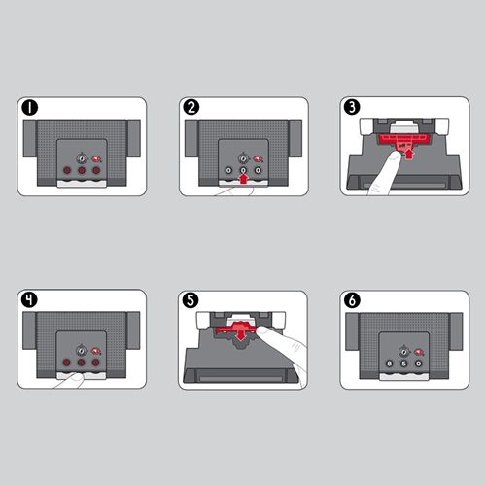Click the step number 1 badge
tap(30, 108)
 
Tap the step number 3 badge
tap(352, 107)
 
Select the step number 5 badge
tap(191, 300)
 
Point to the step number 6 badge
tap(352, 300)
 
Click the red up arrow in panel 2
tap(243, 179)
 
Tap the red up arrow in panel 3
tap(409, 154)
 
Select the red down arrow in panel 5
tap(240, 335)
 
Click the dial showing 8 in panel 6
tap(389, 364)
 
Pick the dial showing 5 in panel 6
tap(403, 364)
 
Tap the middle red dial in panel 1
tap(82, 170)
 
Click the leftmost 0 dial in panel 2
tap(228, 170)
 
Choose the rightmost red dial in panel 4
tap(95, 363)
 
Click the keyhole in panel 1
tap(82, 158)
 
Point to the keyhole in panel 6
tap(403, 352)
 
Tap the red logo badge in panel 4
tap(96, 351)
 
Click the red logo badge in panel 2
tap(259, 159)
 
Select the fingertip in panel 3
tap(395, 157)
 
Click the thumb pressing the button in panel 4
tap(77, 377)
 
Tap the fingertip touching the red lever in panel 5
tap(263, 330)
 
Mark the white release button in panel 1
tap(82, 184)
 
